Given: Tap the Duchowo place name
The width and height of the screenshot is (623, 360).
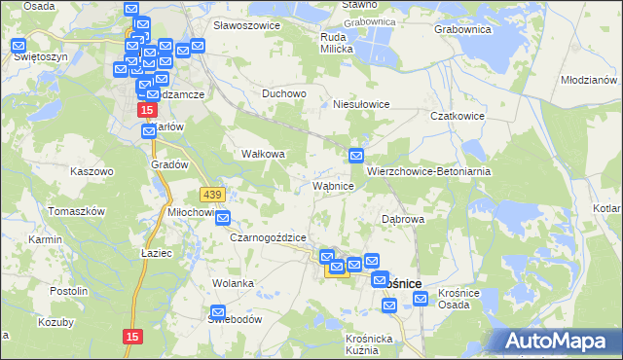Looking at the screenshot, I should pos(284,94).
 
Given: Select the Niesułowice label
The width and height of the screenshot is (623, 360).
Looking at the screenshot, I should pos(361,103).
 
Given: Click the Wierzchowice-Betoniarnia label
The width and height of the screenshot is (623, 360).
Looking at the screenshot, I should pos(427,170).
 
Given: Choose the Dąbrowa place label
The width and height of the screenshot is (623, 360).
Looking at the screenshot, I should pos(403,219).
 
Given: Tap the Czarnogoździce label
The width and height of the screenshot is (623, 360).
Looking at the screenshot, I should pos(268,237).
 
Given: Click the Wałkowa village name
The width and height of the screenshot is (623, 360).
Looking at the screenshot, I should pos(263,154).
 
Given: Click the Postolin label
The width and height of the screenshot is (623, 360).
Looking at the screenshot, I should pos(69,290).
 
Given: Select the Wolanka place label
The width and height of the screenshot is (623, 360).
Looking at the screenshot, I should pos(234,283).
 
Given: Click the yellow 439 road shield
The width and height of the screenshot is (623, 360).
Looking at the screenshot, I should pos(212,195).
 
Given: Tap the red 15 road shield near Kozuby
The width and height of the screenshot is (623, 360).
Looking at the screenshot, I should pos(134,336).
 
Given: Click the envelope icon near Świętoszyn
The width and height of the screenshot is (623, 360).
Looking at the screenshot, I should pos(19,45).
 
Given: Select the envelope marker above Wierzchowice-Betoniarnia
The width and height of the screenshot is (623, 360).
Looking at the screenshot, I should pos(356,155).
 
